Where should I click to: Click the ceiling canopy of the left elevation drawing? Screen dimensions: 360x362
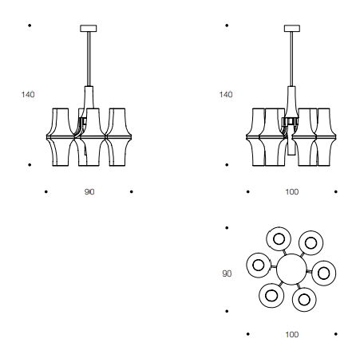coord(89,29)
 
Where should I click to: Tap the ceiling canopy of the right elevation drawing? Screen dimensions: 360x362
coord(292,29)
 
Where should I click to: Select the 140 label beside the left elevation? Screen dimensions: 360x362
coord(28,95)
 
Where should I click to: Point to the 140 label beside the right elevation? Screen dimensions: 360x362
coord(226,95)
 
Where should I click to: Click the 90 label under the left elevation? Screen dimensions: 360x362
coord(89,192)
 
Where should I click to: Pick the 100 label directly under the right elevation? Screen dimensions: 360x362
coord(292,192)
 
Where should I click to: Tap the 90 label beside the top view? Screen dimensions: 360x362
coord(227,273)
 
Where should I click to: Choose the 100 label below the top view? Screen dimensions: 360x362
coord(292,334)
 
